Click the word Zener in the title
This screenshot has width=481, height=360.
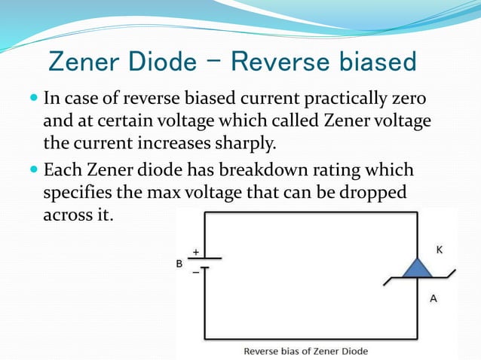(x=84, y=62)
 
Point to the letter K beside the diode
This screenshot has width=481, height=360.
(x=440, y=249)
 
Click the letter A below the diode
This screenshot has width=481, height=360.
(x=433, y=298)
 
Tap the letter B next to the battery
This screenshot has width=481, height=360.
(x=179, y=264)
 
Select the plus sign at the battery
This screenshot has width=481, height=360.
(x=196, y=254)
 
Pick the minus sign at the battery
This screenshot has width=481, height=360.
(x=196, y=273)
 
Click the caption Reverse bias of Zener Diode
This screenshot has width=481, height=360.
(x=305, y=351)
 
